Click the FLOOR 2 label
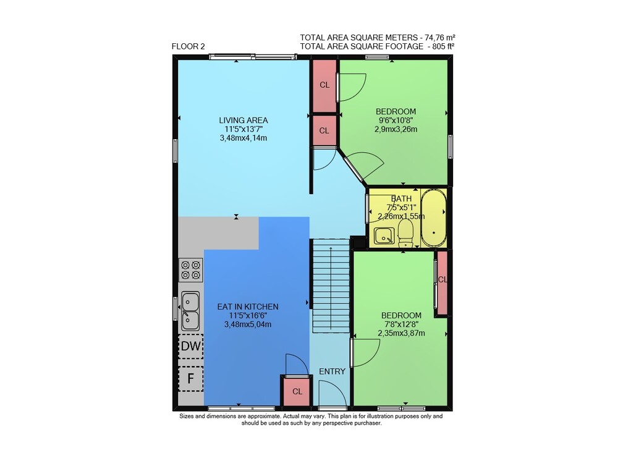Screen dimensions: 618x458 (x=188, y=46)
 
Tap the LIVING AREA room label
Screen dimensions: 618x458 (x=243, y=120)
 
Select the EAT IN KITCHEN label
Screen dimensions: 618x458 (x=248, y=307)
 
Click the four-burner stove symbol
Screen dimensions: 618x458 (x=191, y=270)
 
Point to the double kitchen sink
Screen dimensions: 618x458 (x=190, y=311)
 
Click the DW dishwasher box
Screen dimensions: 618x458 (x=191, y=346)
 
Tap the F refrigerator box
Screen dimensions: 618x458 (x=191, y=379)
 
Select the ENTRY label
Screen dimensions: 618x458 (x=332, y=371)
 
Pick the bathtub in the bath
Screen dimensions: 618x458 (x=434, y=218)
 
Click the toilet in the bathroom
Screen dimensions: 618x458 (x=405, y=233)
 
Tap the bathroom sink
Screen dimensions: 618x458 (x=384, y=236)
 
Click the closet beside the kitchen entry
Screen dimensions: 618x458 (x=297, y=391)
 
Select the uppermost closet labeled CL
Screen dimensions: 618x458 (x=324, y=85)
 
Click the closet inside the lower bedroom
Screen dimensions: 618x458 (x=442, y=282)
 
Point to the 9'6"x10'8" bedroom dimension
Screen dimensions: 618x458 (x=396, y=120)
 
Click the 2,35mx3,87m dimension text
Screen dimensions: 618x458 (x=401, y=333)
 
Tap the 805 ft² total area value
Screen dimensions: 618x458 (x=441, y=46)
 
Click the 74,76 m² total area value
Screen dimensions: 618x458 (x=440, y=38)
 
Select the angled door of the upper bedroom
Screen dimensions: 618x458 (x=353, y=168)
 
